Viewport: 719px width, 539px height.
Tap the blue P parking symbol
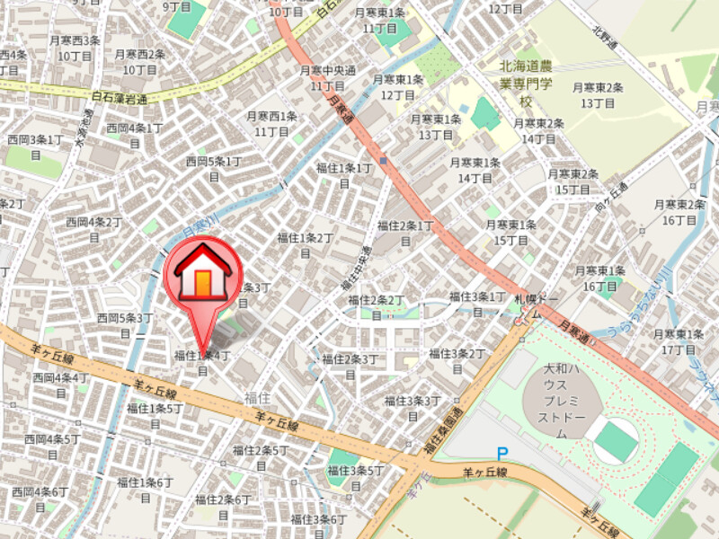click(502, 455)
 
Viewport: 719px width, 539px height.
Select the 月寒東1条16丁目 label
click(600, 278)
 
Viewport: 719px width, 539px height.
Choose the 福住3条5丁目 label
click(357, 477)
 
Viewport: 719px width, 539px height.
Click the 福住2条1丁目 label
click(405, 232)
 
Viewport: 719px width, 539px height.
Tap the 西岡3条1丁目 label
click(36, 146)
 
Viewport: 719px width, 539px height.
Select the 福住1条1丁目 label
click(344, 174)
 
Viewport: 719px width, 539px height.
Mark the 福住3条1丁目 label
click(477, 303)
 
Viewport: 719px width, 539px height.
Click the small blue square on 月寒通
click(384, 162)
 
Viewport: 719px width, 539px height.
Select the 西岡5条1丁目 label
click(214, 168)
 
